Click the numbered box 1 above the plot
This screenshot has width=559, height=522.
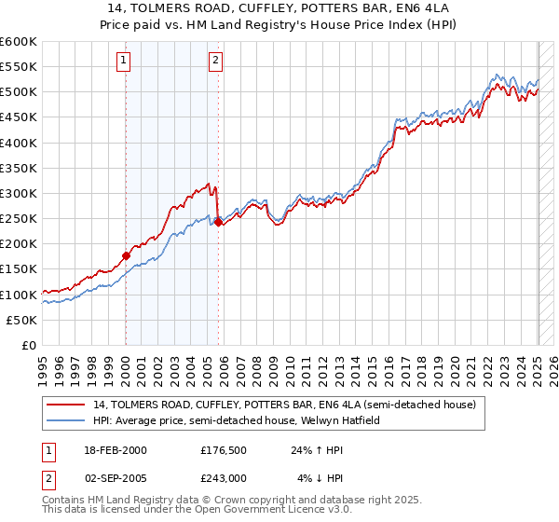coord(125,62)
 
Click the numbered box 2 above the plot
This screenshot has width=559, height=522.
coord(215,62)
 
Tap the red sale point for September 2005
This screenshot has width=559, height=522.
coord(218,222)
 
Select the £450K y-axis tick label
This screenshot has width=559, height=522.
coord(18,117)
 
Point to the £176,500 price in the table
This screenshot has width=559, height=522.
coord(223,450)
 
